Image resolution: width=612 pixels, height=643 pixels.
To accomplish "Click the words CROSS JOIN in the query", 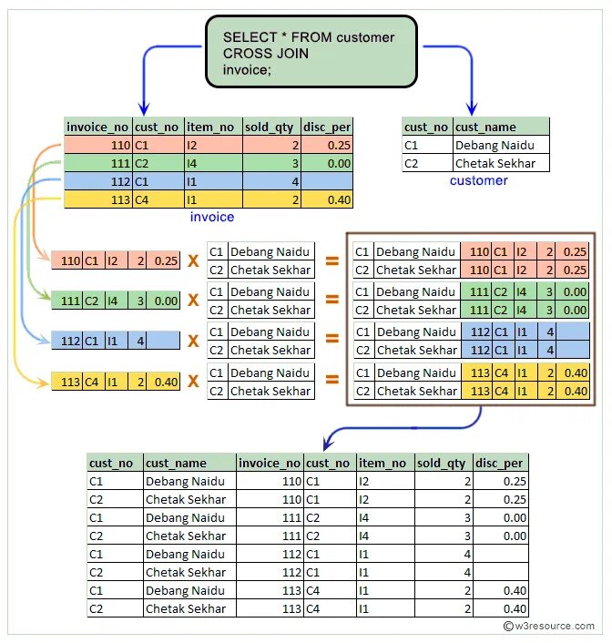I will click(265, 53).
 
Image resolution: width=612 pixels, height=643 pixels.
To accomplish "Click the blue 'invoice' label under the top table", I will click(211, 217).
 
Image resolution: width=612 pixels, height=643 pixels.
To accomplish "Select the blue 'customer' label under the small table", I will click(478, 180).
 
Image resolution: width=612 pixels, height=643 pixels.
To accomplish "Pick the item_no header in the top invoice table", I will click(211, 127).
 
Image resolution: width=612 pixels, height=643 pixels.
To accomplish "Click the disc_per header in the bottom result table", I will click(500, 463).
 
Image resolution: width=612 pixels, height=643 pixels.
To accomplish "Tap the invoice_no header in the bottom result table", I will click(270, 463).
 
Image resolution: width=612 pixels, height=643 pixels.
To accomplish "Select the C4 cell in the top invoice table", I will click(142, 199).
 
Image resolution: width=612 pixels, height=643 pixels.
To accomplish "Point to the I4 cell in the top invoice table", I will click(192, 163).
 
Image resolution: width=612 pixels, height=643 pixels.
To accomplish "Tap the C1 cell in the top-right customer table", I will click(412, 146).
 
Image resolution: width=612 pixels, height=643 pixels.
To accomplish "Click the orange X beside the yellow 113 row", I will click(193, 382).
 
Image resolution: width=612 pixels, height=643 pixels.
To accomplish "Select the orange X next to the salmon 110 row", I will click(193, 260).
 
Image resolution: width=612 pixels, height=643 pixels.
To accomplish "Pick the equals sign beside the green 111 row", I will click(331, 301).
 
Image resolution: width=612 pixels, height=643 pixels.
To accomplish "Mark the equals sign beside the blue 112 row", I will click(331, 341).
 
